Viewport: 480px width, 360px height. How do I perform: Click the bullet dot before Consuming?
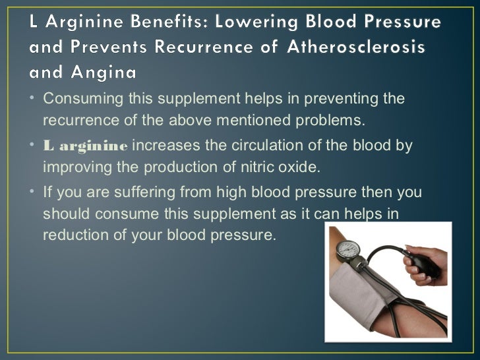tap(33, 100)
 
